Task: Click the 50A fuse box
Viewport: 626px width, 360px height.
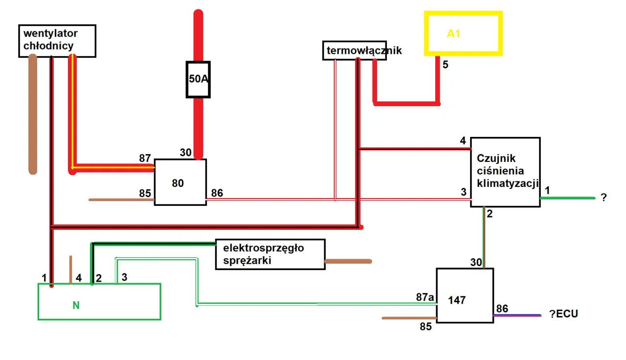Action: pyautogui.click(x=198, y=79)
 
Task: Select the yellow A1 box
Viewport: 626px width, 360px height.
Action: pyautogui.click(x=463, y=34)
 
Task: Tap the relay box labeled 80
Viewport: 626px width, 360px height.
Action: pyautogui.click(x=180, y=182)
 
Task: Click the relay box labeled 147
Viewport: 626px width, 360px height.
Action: pyautogui.click(x=465, y=295)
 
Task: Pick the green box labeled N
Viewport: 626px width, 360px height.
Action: pyautogui.click(x=99, y=302)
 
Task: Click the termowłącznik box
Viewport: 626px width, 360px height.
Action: pyautogui.click(x=354, y=50)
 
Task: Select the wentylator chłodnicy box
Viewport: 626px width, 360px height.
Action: pyautogui.click(x=57, y=41)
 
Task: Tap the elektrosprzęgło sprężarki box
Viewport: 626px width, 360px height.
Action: pyautogui.click(x=270, y=254)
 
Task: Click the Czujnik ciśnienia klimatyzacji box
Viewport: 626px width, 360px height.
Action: pyautogui.click(x=505, y=172)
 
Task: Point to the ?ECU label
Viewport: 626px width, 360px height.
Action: pyautogui.click(x=563, y=314)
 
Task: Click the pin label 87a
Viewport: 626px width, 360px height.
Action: pyautogui.click(x=425, y=297)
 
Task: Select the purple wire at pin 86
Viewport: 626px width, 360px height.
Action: pyautogui.click(x=517, y=315)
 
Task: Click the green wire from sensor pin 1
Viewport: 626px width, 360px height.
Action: pyautogui.click(x=567, y=198)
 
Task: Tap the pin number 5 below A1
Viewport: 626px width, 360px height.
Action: pyautogui.click(x=445, y=64)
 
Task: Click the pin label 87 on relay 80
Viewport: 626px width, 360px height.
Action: pyautogui.click(x=145, y=158)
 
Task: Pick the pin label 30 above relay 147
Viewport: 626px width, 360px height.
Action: pyautogui.click(x=476, y=262)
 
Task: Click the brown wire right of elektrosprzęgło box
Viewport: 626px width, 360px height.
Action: pyautogui.click(x=348, y=261)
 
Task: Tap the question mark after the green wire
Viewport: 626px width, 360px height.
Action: pyautogui.click(x=604, y=198)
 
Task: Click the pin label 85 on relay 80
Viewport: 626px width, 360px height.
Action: pyautogui.click(x=145, y=193)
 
